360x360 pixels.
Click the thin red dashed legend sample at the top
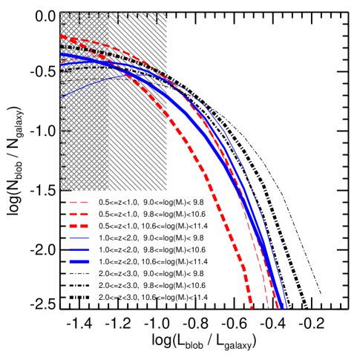pyautogui.click(x=79, y=202)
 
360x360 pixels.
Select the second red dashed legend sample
pyautogui.click(x=79, y=214)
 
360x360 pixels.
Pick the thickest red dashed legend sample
pyautogui.click(x=79, y=226)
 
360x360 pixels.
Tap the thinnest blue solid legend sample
pyautogui.click(x=79, y=238)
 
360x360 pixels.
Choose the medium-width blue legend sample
pyautogui.click(x=79, y=249)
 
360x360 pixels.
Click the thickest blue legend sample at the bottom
pyautogui.click(x=79, y=261)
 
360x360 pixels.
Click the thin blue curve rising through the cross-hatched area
pyautogui.click(x=89, y=85)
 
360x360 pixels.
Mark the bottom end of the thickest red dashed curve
pyautogui.click(x=251, y=307)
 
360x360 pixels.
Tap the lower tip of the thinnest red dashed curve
pyautogui.click(x=268, y=307)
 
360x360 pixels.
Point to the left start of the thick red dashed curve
pyautogui.click(x=62, y=36)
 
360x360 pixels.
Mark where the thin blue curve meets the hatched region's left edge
pyautogui.click(x=61, y=97)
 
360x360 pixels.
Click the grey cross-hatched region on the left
pyautogui.click(x=84, y=148)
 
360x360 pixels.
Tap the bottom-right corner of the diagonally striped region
pyautogui.click(x=166, y=190)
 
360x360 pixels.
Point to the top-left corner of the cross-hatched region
pyautogui.click(x=61, y=13)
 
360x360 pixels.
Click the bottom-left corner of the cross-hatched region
pyautogui.click(x=61, y=190)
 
